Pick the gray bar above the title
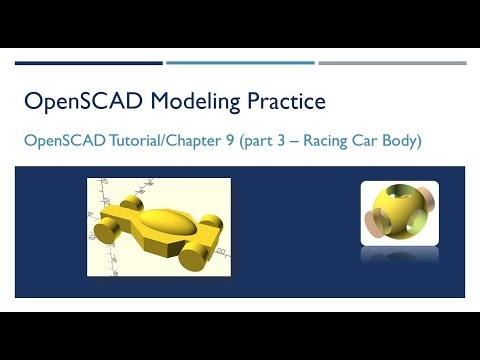391,63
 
